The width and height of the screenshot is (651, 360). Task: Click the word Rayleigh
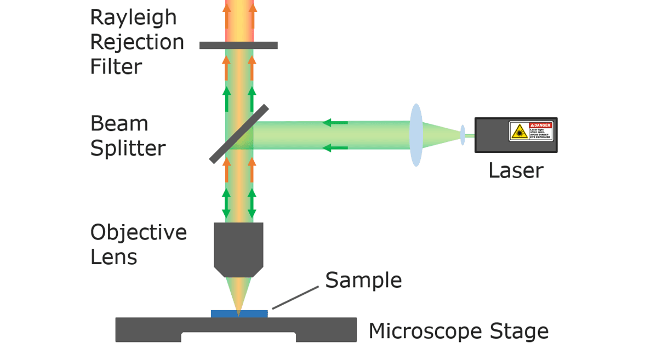[133, 18]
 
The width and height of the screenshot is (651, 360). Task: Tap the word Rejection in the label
[137, 42]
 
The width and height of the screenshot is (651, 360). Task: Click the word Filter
[116, 67]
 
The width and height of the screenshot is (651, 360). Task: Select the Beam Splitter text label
[128, 136]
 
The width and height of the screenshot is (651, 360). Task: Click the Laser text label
[516, 170]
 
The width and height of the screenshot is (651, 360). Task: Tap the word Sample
[363, 280]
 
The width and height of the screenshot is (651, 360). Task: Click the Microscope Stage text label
[458, 332]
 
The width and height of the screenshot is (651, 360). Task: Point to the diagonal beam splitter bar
[239, 134]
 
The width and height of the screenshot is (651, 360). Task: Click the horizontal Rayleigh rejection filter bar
[238, 45]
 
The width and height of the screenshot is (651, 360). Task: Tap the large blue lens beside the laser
[416, 135]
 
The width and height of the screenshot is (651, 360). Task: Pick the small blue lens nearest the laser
[462, 135]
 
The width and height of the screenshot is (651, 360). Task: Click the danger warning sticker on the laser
[530, 132]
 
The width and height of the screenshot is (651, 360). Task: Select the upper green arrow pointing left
[335, 123]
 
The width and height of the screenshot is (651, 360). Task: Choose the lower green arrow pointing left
[335, 147]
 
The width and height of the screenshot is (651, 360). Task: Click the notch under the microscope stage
[238, 338]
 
